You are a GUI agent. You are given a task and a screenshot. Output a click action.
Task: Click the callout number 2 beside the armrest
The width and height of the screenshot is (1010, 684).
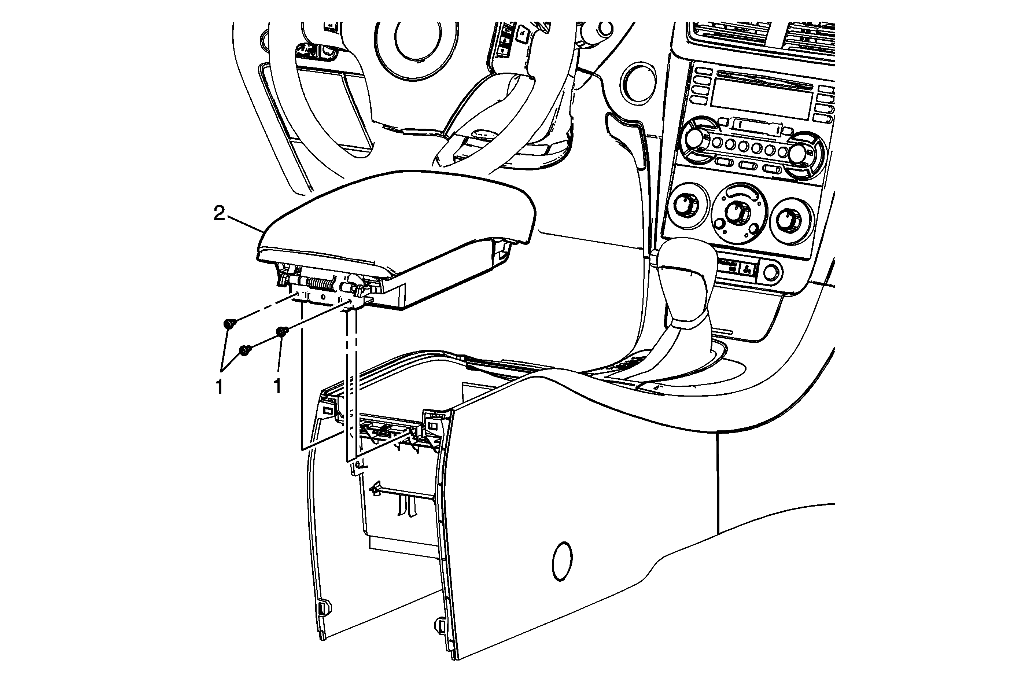220,214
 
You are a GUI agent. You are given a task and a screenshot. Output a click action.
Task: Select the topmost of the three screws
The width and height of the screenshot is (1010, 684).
229,323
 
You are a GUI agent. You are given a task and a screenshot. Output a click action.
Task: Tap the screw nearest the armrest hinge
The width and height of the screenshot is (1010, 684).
282,332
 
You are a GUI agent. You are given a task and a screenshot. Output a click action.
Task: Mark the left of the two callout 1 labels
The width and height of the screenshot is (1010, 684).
220,386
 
